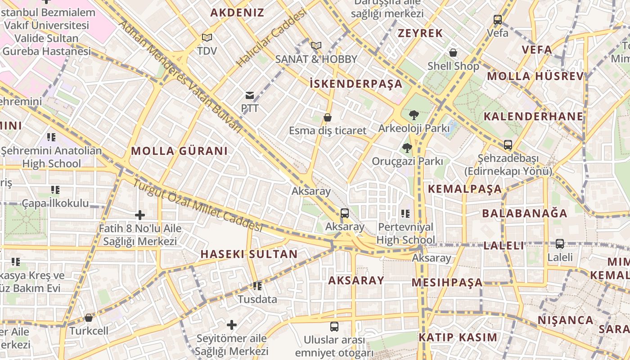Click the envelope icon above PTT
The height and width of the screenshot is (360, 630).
(249, 95)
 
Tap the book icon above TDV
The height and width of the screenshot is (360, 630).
(207, 38)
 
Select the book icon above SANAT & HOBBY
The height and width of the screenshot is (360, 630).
(316, 45)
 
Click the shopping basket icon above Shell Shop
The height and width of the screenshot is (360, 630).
(453, 53)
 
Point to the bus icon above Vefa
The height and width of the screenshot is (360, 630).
(498, 20)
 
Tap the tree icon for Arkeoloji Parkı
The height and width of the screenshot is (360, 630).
(414, 115)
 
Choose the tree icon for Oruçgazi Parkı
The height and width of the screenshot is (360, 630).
(407, 148)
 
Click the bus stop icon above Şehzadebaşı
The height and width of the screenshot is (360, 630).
(508, 145)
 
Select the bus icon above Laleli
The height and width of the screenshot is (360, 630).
(560, 244)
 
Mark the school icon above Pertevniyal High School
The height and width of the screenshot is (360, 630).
(405, 213)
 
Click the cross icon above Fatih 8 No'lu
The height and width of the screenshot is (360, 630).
(140, 215)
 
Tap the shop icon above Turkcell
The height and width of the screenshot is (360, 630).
(89, 318)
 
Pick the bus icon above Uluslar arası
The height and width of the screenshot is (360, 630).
(334, 327)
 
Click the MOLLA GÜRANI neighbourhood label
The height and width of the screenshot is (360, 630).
(180, 151)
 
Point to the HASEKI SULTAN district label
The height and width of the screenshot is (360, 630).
(249, 254)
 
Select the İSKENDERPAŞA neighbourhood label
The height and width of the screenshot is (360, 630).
(356, 84)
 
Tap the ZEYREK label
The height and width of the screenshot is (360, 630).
(420, 33)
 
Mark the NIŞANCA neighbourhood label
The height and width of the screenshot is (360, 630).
(566, 320)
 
